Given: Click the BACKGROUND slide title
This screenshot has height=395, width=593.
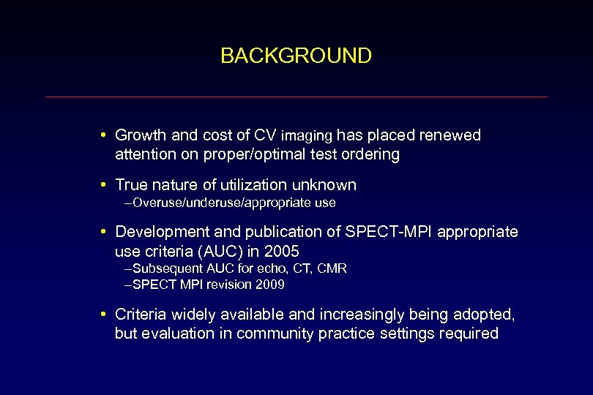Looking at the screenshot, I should tap(296, 56).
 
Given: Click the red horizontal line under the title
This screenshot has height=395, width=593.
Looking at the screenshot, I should tap(296, 97).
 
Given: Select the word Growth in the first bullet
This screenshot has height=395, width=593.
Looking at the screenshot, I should tap(141, 135).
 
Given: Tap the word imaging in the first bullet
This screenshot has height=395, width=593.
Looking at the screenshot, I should tap(307, 136).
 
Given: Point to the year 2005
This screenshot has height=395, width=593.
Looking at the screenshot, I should tap(283, 251).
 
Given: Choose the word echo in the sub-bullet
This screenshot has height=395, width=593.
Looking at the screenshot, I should tap(259, 268).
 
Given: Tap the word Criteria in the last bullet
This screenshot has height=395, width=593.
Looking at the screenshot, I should tap(142, 315).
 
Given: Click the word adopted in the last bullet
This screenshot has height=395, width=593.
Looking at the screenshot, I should tap(488, 315).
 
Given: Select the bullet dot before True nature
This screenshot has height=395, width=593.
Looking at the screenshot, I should tap(105, 185).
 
